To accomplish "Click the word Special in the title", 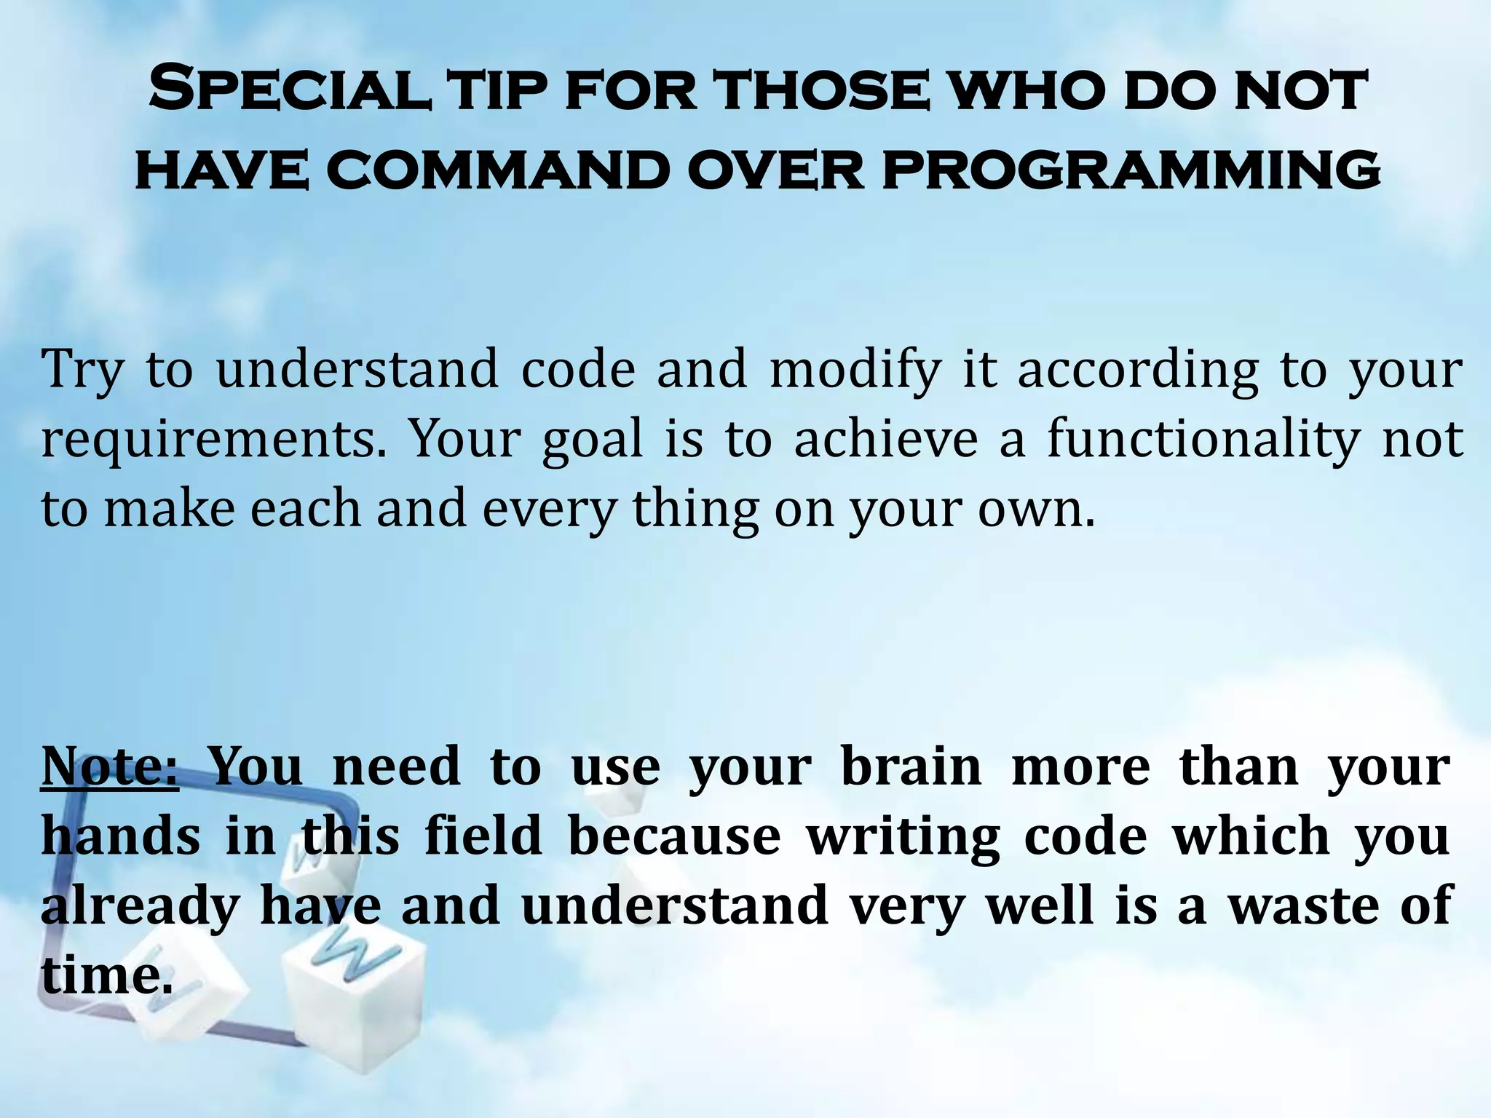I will click(x=288, y=90).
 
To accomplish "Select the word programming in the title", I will click(x=1131, y=170).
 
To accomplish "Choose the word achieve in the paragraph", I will click(x=885, y=440).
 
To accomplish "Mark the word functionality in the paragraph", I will click(x=1203, y=440).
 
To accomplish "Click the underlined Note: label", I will click(x=109, y=766).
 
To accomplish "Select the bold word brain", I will click(x=911, y=766).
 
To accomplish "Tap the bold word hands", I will click(x=121, y=836).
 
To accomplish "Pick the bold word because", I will click(x=674, y=836).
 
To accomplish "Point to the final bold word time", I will click(x=106, y=975).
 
